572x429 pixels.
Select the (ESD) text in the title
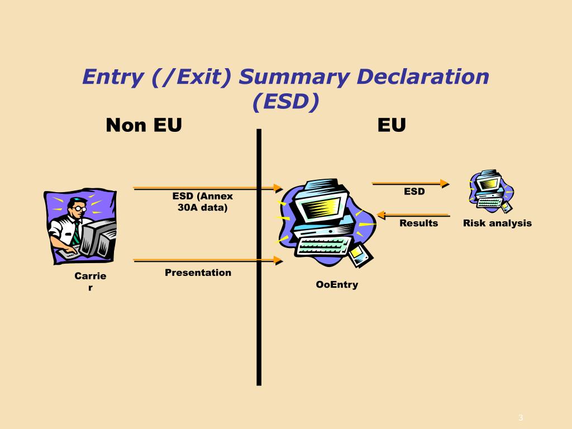[x=285, y=102]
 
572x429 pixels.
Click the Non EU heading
[x=144, y=125]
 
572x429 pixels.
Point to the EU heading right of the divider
[x=391, y=125]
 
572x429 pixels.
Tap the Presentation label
[x=198, y=273]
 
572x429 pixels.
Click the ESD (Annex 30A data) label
[x=202, y=202]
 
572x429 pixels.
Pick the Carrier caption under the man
[x=90, y=282]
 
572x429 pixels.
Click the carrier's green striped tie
[x=75, y=233]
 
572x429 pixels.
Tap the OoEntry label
[x=337, y=285]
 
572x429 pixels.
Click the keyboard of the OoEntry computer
[x=324, y=245]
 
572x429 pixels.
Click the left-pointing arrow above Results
[x=413, y=214]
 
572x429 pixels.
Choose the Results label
[x=418, y=223]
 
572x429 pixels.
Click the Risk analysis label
[x=497, y=223]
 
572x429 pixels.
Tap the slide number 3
[x=520, y=418]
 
